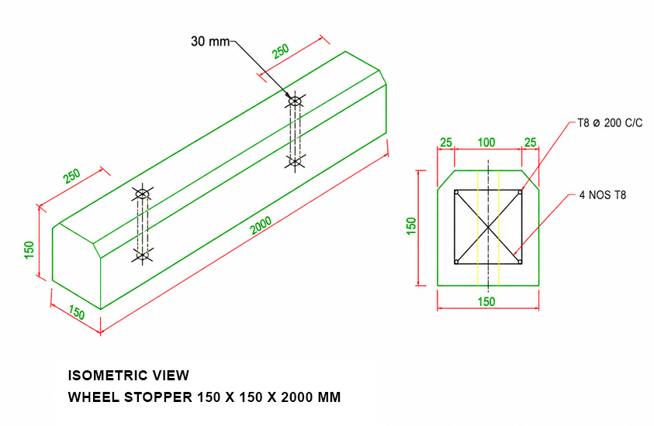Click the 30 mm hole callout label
click(210, 41)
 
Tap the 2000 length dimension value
click(261, 225)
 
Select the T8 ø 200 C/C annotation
click(610, 123)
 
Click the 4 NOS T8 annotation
click(603, 195)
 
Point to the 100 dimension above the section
click(486, 143)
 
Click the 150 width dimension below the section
click(486, 301)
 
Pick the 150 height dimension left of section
click(411, 226)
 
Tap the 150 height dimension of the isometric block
click(29, 249)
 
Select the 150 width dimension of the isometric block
click(77, 312)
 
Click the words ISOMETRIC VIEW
click(129, 376)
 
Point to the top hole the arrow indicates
click(295, 101)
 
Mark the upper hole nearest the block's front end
click(142, 194)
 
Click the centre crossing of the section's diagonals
click(488, 227)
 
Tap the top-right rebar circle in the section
click(519, 192)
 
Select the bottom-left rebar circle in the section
click(457, 262)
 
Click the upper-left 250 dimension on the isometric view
click(71, 176)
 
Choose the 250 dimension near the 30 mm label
click(280, 51)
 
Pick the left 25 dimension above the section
click(446, 143)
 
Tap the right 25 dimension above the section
click(530, 143)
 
